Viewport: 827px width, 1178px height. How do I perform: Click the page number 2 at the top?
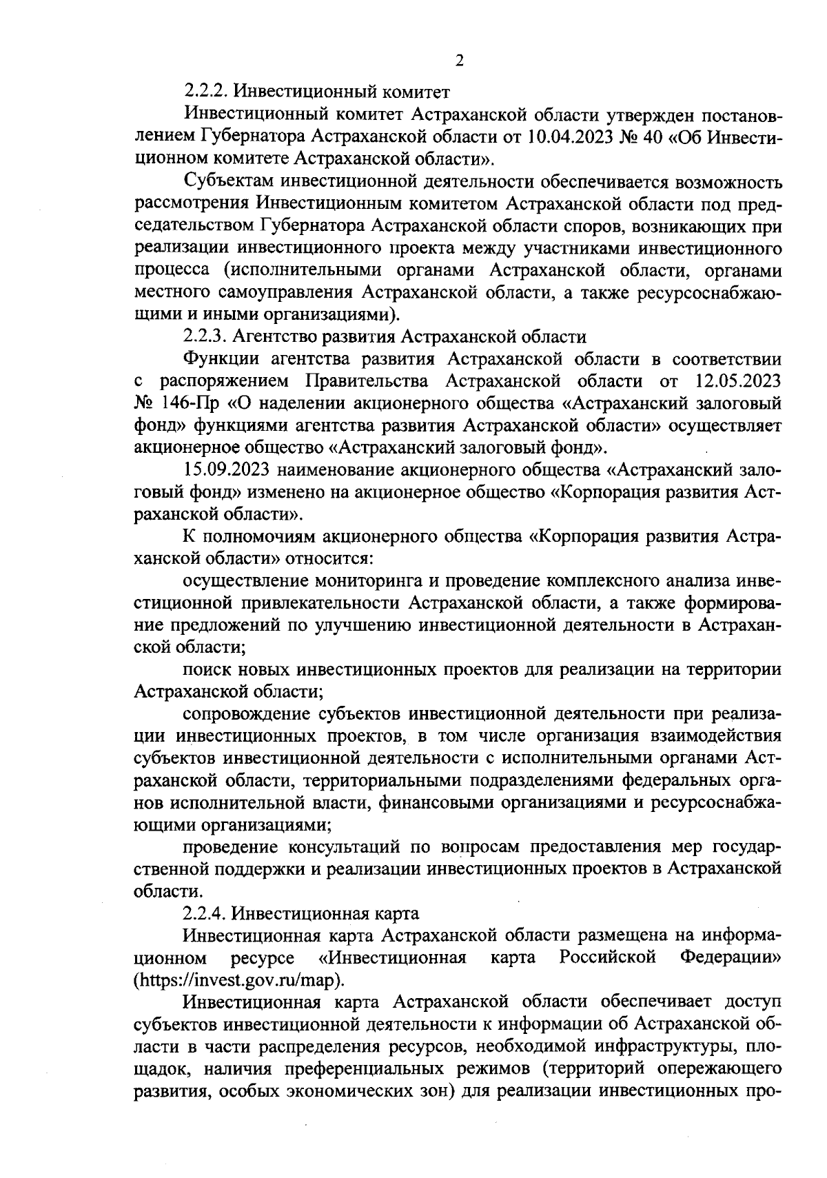pos(459,61)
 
